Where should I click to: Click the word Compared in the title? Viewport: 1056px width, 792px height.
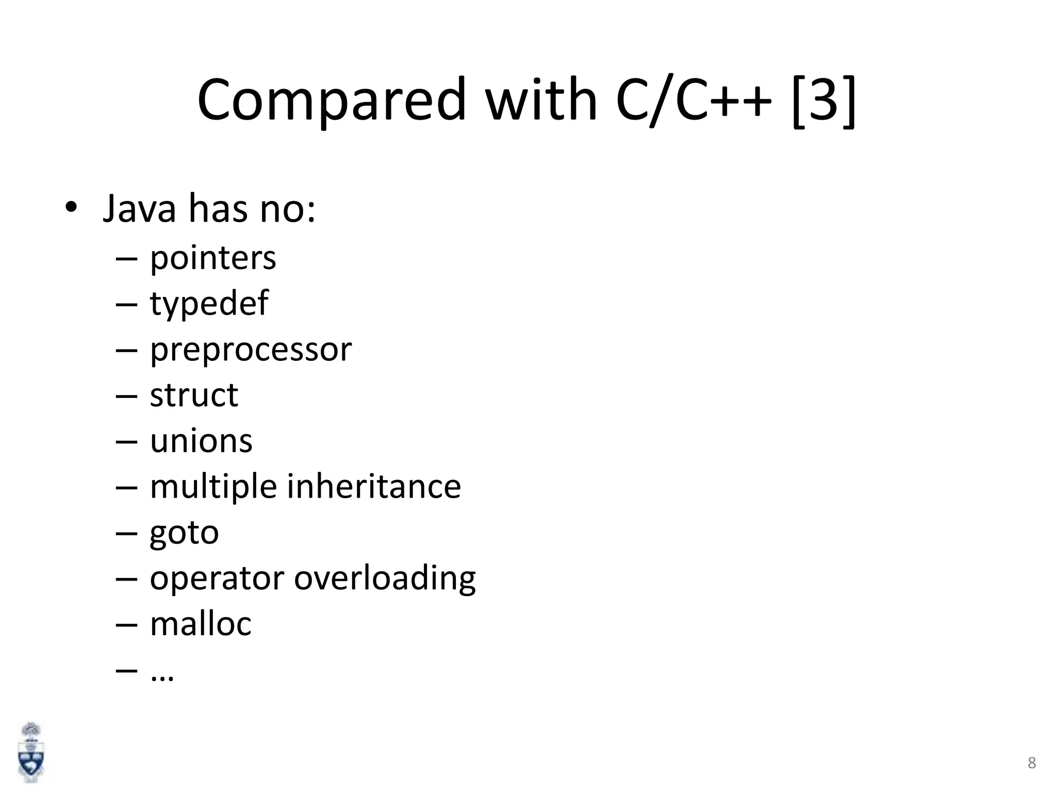331,100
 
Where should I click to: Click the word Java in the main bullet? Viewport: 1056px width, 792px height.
139,209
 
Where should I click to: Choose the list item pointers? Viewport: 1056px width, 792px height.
212,258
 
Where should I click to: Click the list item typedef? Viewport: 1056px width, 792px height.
209,304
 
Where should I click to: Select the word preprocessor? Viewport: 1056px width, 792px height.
251,350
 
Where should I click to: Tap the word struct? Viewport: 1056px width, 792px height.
194,395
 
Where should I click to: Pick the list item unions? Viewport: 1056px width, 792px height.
201,441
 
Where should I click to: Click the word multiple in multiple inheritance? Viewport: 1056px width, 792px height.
213,487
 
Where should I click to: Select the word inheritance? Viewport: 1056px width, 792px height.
374,486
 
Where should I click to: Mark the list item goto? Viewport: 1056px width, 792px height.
184,533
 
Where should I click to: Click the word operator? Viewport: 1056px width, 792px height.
217,578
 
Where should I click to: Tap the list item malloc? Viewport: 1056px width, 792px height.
201,624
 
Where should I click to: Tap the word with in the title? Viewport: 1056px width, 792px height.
541,100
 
